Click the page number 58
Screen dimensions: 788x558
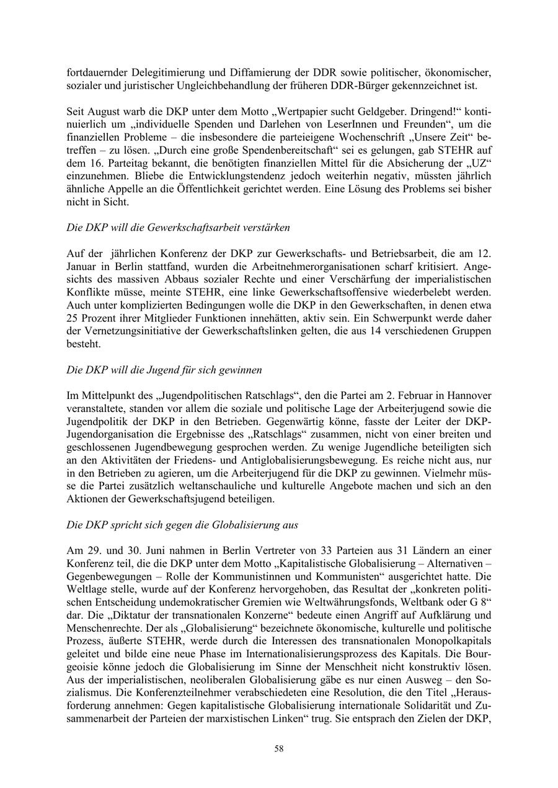point(279,748)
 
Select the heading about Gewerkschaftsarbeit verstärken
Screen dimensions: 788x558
point(178,227)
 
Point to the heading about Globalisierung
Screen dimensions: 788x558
point(182,525)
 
